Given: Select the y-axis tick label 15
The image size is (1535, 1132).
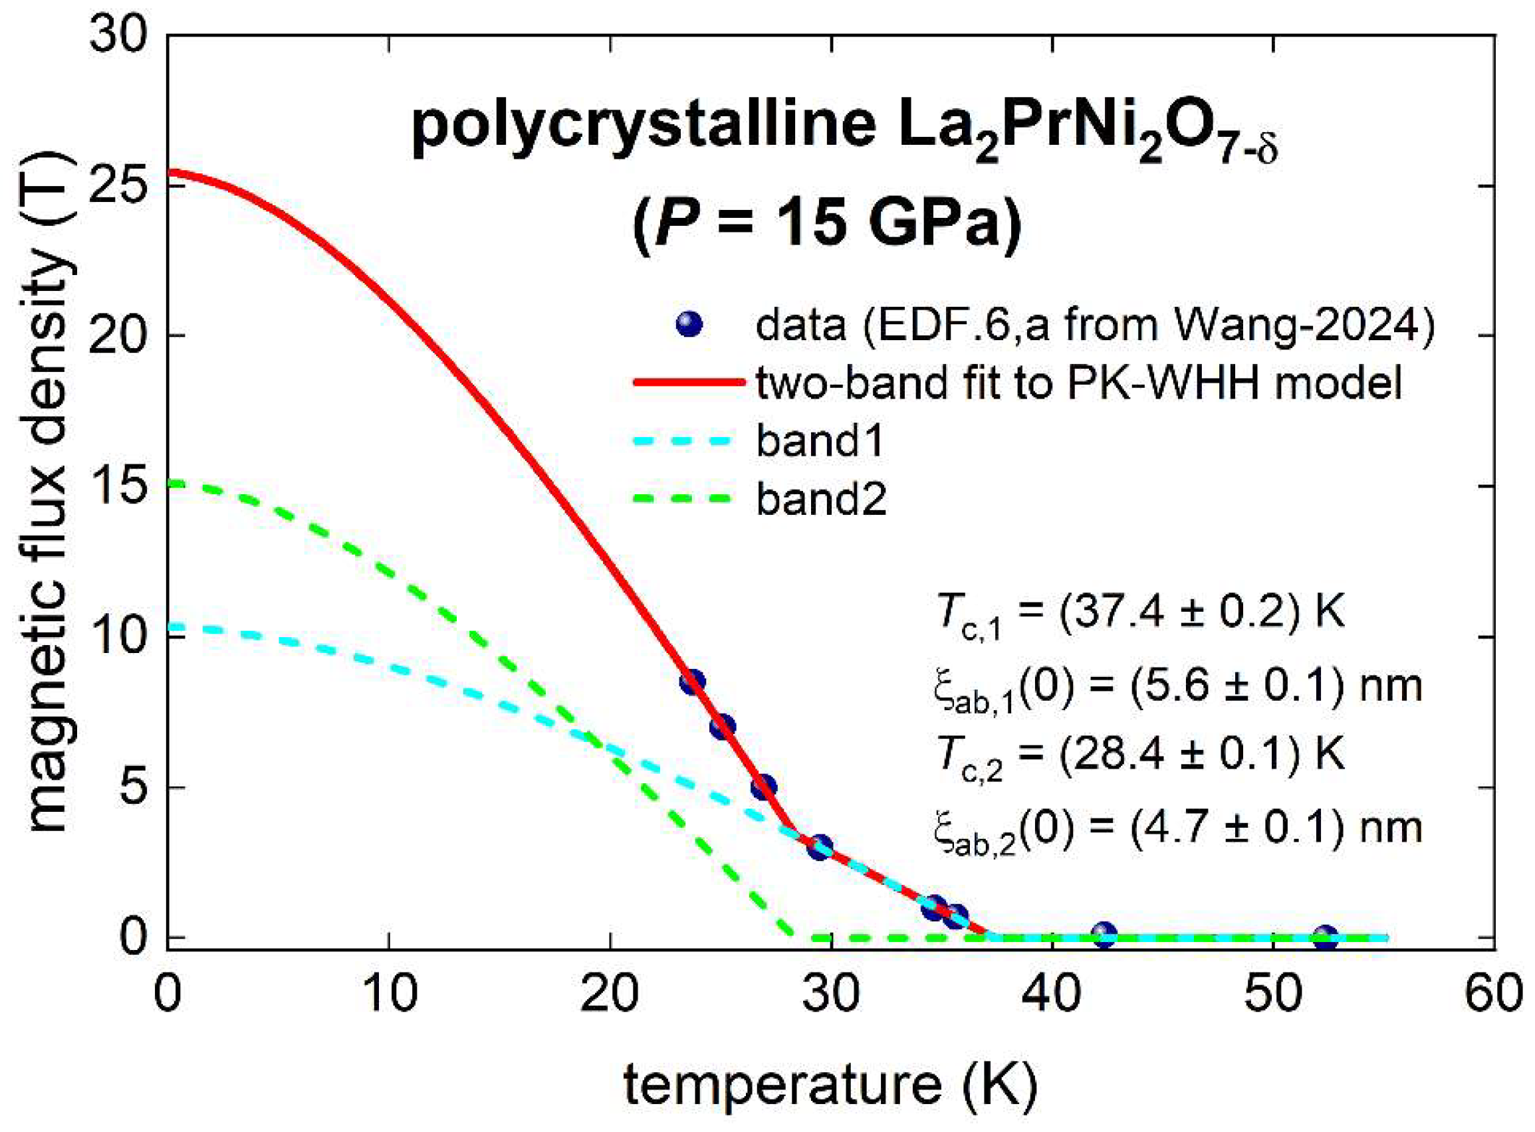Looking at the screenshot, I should tap(118, 486).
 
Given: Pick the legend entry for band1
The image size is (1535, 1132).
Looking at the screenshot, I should tap(819, 440).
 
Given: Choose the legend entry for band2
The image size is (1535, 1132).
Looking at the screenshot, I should tap(820, 498).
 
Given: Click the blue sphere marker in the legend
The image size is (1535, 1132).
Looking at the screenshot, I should tap(688, 324).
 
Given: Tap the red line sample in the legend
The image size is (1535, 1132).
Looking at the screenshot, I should tap(688, 383).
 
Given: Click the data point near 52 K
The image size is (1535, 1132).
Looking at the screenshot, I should tap(1325, 936).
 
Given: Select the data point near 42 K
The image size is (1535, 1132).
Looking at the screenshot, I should tap(1103, 933).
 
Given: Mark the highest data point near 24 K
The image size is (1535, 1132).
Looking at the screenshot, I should tap(692, 681).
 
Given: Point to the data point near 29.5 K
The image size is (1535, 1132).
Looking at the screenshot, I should tap(819, 846).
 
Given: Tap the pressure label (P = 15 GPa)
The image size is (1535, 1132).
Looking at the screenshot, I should tap(828, 223).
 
